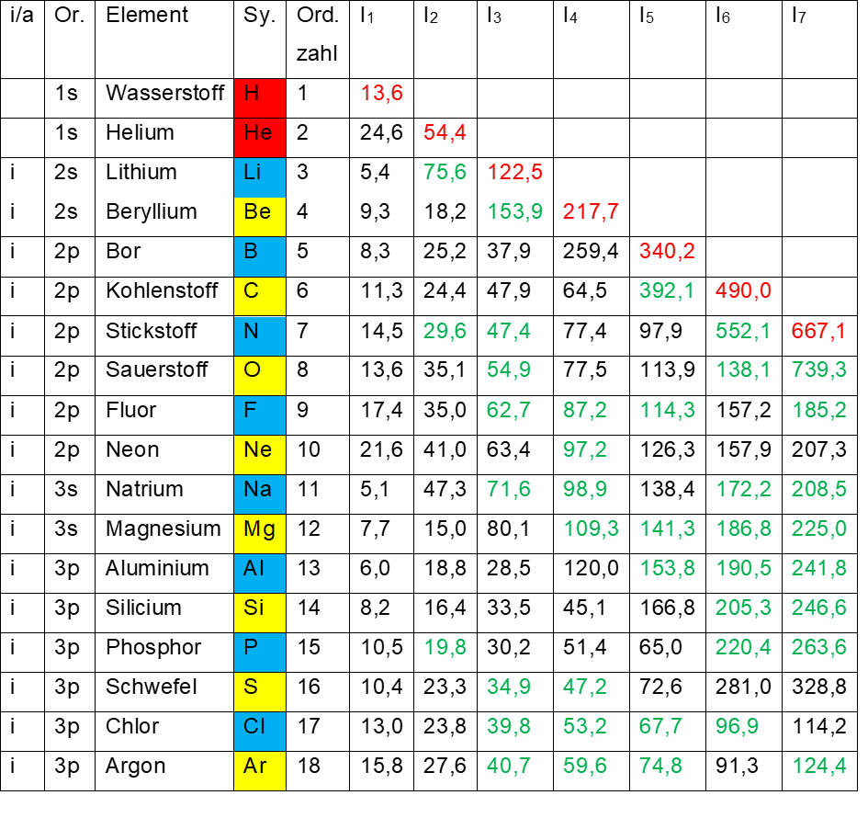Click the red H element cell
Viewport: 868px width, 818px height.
pyautogui.click(x=259, y=98)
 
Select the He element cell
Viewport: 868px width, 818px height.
pyautogui.click(x=259, y=138)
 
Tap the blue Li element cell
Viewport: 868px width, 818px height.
pyautogui.click(x=259, y=177)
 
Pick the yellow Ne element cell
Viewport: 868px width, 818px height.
pyautogui.click(x=259, y=454)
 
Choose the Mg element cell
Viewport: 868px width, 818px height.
pyautogui.click(x=259, y=533)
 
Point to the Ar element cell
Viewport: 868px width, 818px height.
pyautogui.click(x=259, y=770)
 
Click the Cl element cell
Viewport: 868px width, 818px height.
pyautogui.click(x=259, y=731)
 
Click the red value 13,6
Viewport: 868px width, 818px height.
pyautogui.click(x=382, y=93)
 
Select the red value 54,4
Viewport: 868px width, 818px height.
pyautogui.click(x=445, y=132)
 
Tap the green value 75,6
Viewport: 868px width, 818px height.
pyautogui.click(x=445, y=172)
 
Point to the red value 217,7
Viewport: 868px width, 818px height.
pyautogui.click(x=591, y=211)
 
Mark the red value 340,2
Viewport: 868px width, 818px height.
pyautogui.click(x=667, y=251)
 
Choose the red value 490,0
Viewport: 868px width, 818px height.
pyautogui.click(x=743, y=291)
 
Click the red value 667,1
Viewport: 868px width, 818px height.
pyautogui.click(x=818, y=331)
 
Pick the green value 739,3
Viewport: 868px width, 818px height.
pyautogui.click(x=818, y=370)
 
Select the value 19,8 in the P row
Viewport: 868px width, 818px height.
pyautogui.click(x=445, y=647)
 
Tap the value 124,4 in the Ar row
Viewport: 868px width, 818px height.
pyautogui.click(x=818, y=765)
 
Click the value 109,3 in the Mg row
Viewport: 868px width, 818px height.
pyautogui.click(x=591, y=528)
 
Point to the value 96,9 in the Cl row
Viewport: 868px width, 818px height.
pyautogui.click(x=737, y=726)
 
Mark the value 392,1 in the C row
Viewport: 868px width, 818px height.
pyautogui.click(x=667, y=291)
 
